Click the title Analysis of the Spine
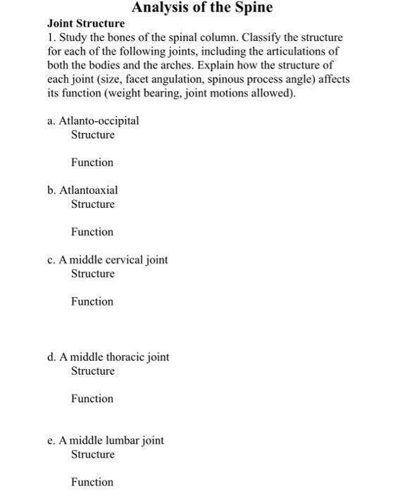202,8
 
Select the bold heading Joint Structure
85,23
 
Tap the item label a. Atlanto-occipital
93,120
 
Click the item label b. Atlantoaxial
82,190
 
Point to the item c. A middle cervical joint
108,259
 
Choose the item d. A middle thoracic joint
108,356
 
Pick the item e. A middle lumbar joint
106,440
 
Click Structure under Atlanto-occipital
92,135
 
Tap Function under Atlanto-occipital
92,163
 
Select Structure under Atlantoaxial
92,204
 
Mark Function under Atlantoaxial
92,232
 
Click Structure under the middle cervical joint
92,273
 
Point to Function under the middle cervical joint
92,301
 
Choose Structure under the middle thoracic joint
92,370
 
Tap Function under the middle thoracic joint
92,399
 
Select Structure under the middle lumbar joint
92,454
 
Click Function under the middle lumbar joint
92,482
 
